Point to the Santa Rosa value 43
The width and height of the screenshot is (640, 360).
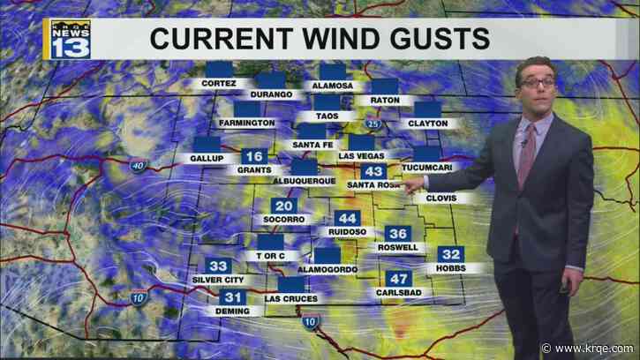[373, 172]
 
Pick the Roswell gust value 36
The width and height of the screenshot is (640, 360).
[398, 234]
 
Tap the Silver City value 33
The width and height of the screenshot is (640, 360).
[218, 266]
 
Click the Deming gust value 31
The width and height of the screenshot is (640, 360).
[232, 297]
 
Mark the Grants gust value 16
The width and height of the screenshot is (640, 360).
[251, 156]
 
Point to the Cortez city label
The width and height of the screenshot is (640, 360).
[215, 84]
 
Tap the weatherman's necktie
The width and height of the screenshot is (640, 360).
[526, 155]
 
